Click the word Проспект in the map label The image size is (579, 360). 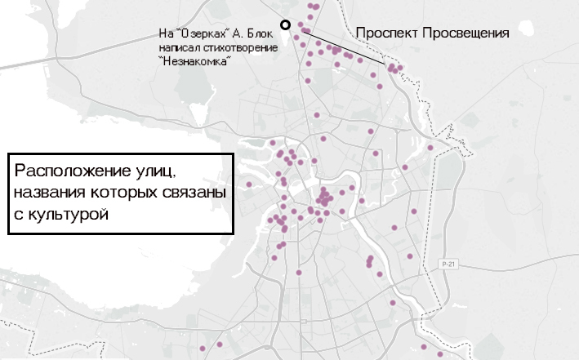click(385, 33)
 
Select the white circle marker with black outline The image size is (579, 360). click(285, 25)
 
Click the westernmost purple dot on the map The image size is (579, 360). click(238, 183)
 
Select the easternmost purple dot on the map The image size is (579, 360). click(445, 356)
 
